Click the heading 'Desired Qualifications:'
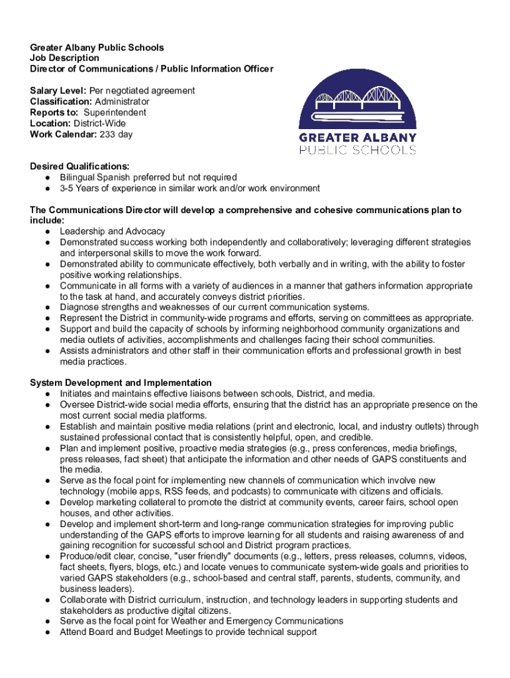[x=79, y=167]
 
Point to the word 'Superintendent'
[x=115, y=113]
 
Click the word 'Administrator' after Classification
[x=122, y=101]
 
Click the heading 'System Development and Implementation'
[x=121, y=383]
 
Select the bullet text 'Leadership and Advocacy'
[x=113, y=231]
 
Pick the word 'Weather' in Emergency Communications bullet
[x=191, y=621]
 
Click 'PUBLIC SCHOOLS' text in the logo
[x=358, y=150]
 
